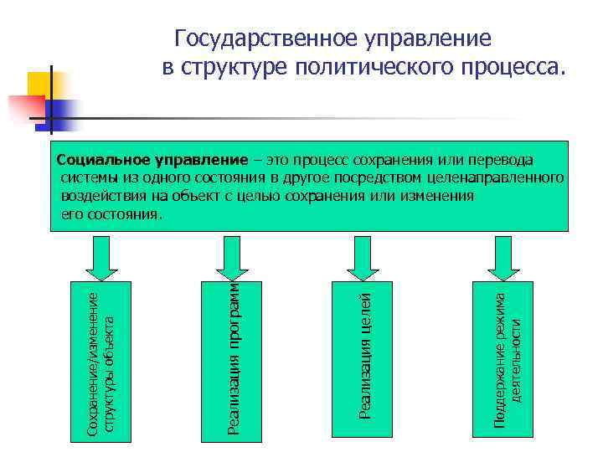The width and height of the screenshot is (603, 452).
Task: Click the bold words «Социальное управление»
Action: pos(152,160)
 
